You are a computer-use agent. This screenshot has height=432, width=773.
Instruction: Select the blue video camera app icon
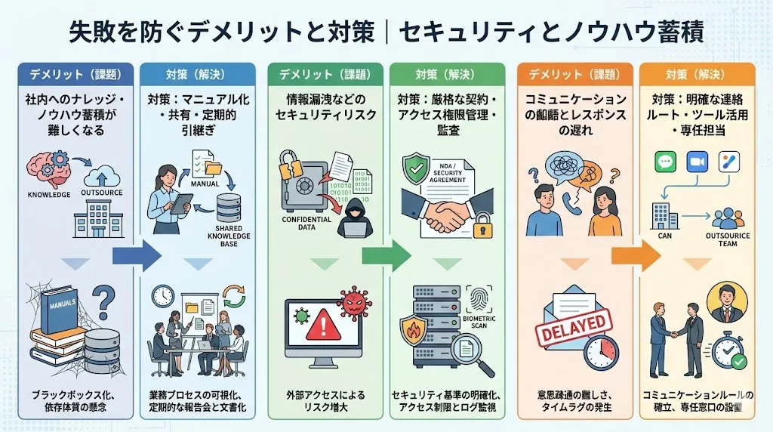tap(695, 162)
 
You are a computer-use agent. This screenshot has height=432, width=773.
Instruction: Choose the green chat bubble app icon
tap(664, 162)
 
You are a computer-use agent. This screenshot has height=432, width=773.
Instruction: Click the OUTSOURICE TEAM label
tap(728, 239)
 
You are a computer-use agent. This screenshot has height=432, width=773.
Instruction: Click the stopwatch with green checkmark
tap(727, 351)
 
